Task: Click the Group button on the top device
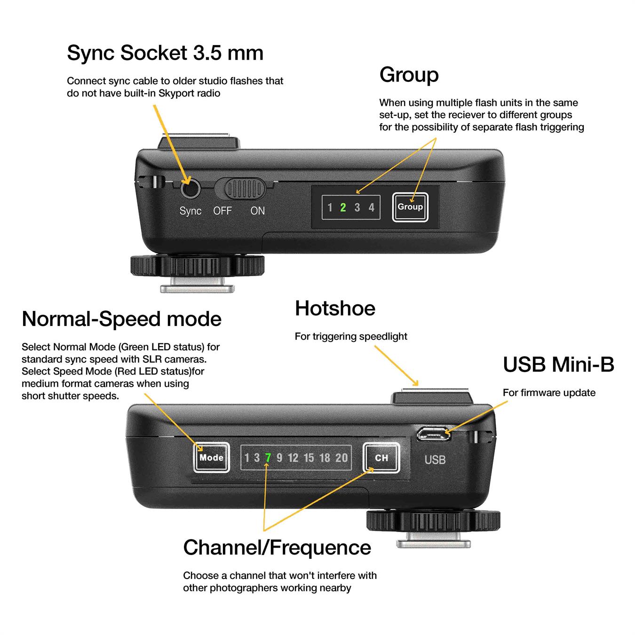pos(410,206)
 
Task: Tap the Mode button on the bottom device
pos(211,457)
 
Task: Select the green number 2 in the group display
pos(343,207)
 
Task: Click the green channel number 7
pos(268,457)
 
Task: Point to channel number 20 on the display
pos(341,457)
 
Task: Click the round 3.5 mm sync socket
pos(190,189)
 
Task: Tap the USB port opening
pos(434,434)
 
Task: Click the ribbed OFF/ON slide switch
pos(245,189)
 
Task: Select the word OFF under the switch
pos(222,211)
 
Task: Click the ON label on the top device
pos(257,211)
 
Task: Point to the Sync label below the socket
pos(190,211)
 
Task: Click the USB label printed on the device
pos(435,460)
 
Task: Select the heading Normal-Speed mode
pos(122,318)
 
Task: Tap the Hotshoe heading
pos(335,308)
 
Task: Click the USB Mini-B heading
pos(558,365)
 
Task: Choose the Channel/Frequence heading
pos(277,548)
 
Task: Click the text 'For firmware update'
pos(549,392)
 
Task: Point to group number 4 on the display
pos(372,207)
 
